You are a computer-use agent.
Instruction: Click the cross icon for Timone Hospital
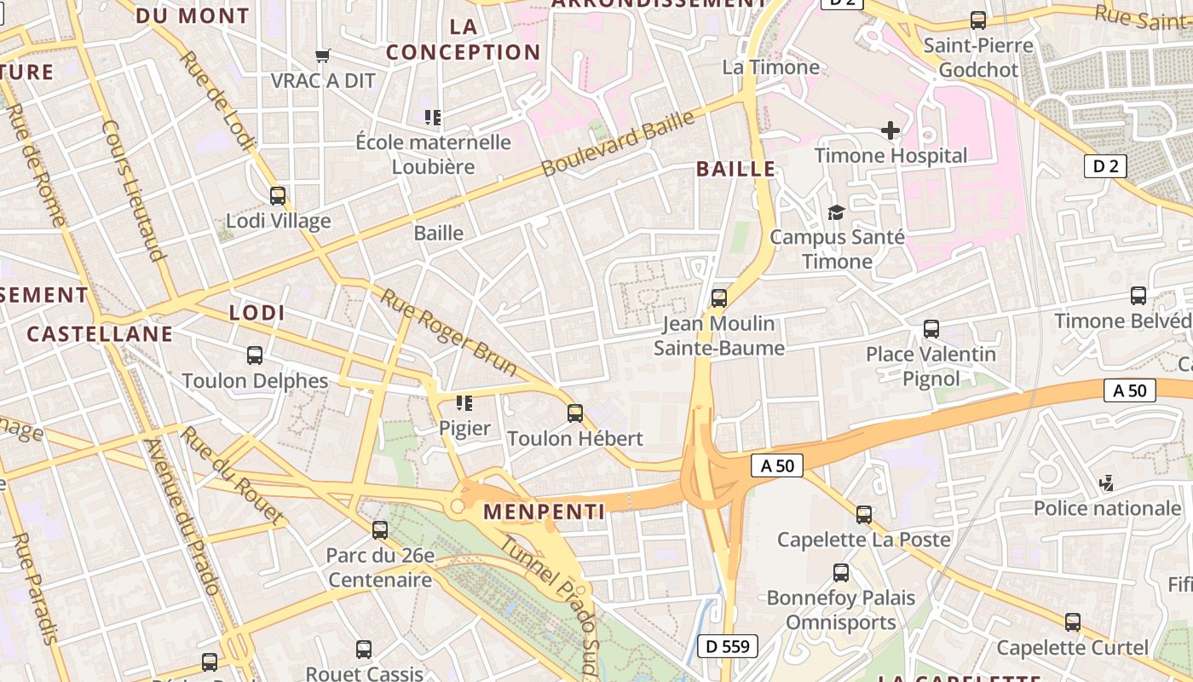point(890,130)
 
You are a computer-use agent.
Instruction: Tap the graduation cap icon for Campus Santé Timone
point(836,212)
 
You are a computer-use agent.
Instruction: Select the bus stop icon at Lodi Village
point(278,196)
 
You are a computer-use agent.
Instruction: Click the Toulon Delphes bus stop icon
point(254,355)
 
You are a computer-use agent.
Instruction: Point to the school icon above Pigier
point(464,402)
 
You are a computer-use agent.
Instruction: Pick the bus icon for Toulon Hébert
point(575,413)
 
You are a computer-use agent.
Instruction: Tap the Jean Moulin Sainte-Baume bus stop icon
point(719,298)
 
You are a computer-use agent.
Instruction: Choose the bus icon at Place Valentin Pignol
point(931,329)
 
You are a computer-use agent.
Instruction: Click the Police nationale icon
point(1106,483)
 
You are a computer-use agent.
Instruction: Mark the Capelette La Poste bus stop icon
point(864,515)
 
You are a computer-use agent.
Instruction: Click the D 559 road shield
point(728,646)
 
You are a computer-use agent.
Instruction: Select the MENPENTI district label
point(544,511)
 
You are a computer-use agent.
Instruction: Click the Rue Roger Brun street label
point(448,332)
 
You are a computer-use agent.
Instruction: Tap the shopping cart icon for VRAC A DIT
point(323,55)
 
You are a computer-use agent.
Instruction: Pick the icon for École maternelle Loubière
point(433,117)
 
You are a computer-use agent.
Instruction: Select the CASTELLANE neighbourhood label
point(100,333)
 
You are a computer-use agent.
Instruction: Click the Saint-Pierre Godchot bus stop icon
point(978,20)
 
